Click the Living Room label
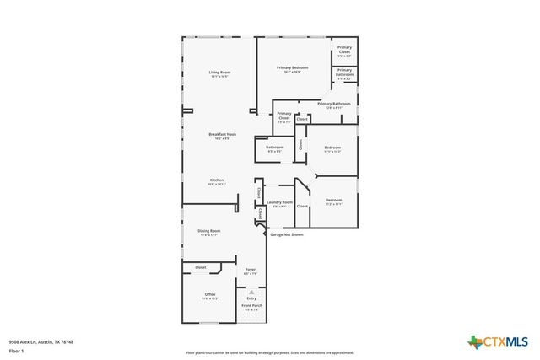coord(220,73)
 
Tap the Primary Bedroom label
coord(293,67)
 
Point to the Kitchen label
coord(217,180)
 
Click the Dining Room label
coord(209,230)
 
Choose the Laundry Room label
coord(280,202)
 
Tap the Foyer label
coord(251,270)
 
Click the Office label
coord(209,294)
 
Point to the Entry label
coord(251,298)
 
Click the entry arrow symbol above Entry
coord(251,290)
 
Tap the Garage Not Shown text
coord(286,234)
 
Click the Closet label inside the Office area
coord(201,267)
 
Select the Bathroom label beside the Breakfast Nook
coord(275,148)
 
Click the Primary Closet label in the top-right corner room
coord(344,50)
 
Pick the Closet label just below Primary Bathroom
coord(302,119)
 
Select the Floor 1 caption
coord(16,350)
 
